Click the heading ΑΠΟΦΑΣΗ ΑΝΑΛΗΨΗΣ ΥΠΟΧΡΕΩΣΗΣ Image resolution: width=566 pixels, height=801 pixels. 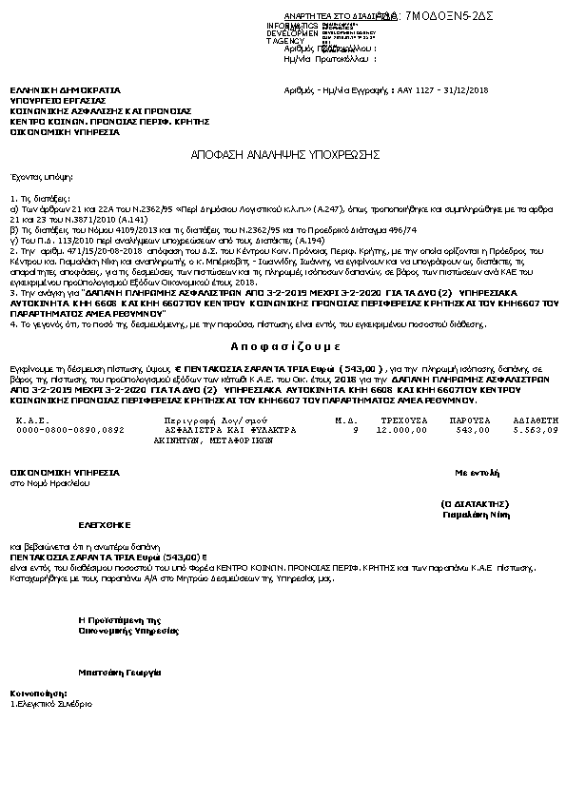pyautogui.click(x=285, y=153)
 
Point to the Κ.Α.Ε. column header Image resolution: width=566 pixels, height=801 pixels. pyautogui.click(x=32, y=420)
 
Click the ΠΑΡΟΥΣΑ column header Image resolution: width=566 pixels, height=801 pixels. pyautogui.click(x=459, y=420)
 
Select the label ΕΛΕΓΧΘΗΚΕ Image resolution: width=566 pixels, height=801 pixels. pyautogui.click(x=104, y=524)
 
